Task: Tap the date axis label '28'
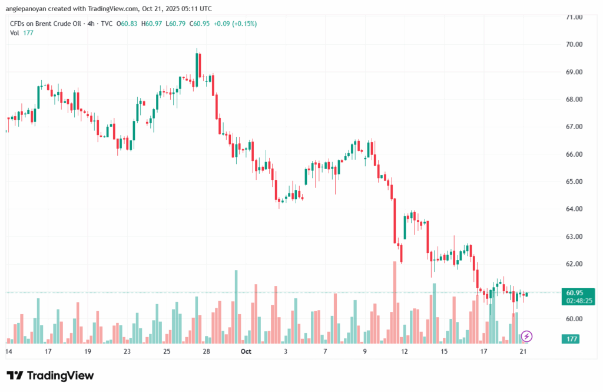(206, 351)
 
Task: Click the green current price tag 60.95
(575, 292)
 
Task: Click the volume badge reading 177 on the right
(572, 339)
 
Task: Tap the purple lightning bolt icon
(527, 337)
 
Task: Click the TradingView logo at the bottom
(50, 375)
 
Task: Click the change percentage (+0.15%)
(244, 24)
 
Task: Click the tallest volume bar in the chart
(236, 307)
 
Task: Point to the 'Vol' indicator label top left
(15, 33)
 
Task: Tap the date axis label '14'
(9, 351)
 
